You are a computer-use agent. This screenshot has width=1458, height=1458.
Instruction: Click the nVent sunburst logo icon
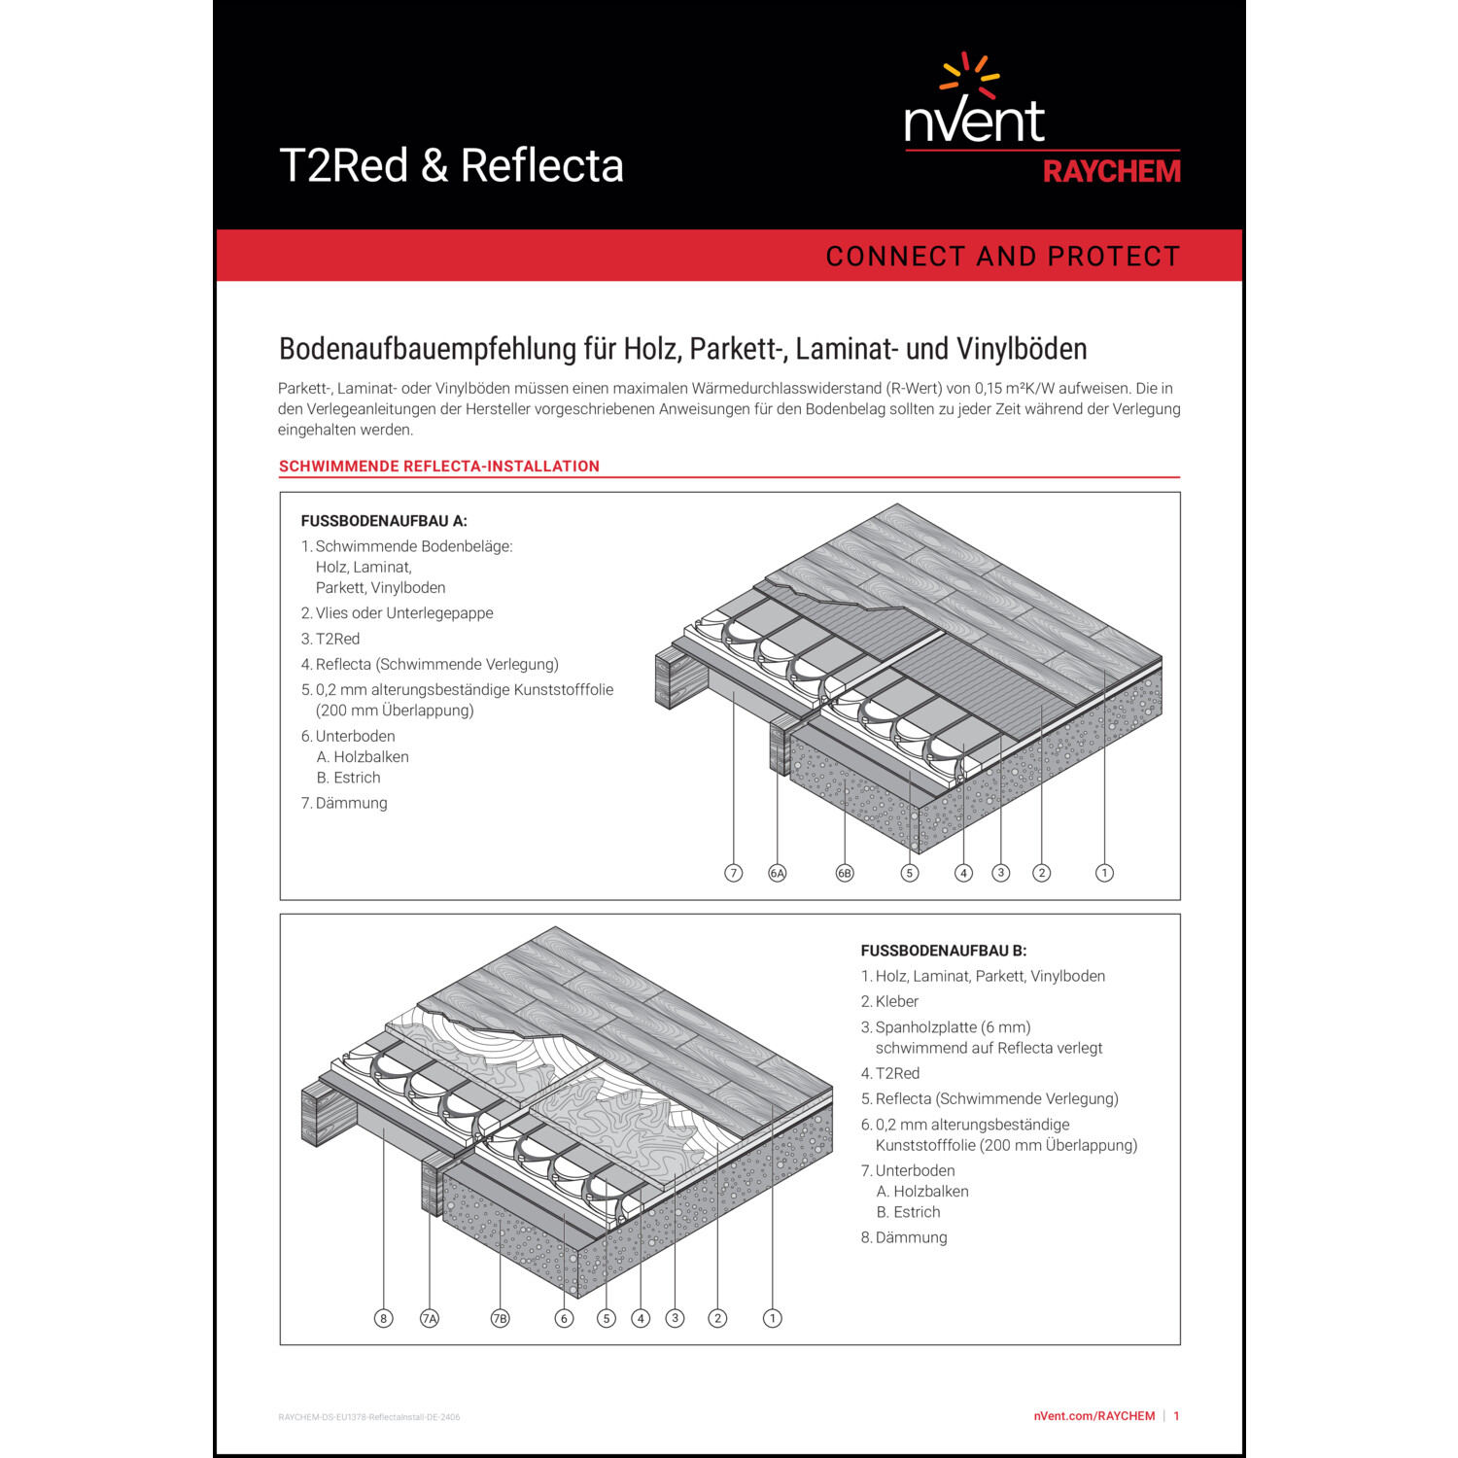point(970,76)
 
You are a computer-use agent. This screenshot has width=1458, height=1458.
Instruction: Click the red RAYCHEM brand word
point(1112,172)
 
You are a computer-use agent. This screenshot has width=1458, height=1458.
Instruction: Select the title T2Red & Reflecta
point(451,165)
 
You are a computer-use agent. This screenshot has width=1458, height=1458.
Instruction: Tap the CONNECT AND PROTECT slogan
point(1002,256)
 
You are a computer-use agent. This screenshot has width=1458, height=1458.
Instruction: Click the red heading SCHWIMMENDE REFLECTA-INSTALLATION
point(439,467)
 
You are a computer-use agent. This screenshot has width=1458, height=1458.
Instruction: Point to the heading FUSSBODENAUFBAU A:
point(384,521)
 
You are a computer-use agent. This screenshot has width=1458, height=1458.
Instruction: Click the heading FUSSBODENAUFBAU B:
point(944,951)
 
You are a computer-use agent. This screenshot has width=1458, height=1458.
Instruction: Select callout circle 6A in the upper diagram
point(778,873)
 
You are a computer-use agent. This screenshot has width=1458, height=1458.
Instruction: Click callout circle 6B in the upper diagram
point(845,873)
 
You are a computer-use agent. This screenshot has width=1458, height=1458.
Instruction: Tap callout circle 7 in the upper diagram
point(734,873)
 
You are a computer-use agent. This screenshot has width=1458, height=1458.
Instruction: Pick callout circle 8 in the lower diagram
point(384,1318)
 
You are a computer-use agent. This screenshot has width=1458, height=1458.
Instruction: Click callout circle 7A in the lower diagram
point(430,1318)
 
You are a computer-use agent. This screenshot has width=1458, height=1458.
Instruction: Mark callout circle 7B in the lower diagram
point(500,1318)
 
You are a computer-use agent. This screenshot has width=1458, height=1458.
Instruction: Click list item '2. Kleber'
point(889,1001)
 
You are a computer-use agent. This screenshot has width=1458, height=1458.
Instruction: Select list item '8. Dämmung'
point(904,1237)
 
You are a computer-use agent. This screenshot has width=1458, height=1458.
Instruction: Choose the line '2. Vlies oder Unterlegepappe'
point(397,613)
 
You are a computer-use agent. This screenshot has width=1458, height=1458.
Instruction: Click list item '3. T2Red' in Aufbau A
point(330,639)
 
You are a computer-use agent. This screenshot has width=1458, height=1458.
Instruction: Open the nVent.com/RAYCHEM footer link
point(1094,1416)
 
